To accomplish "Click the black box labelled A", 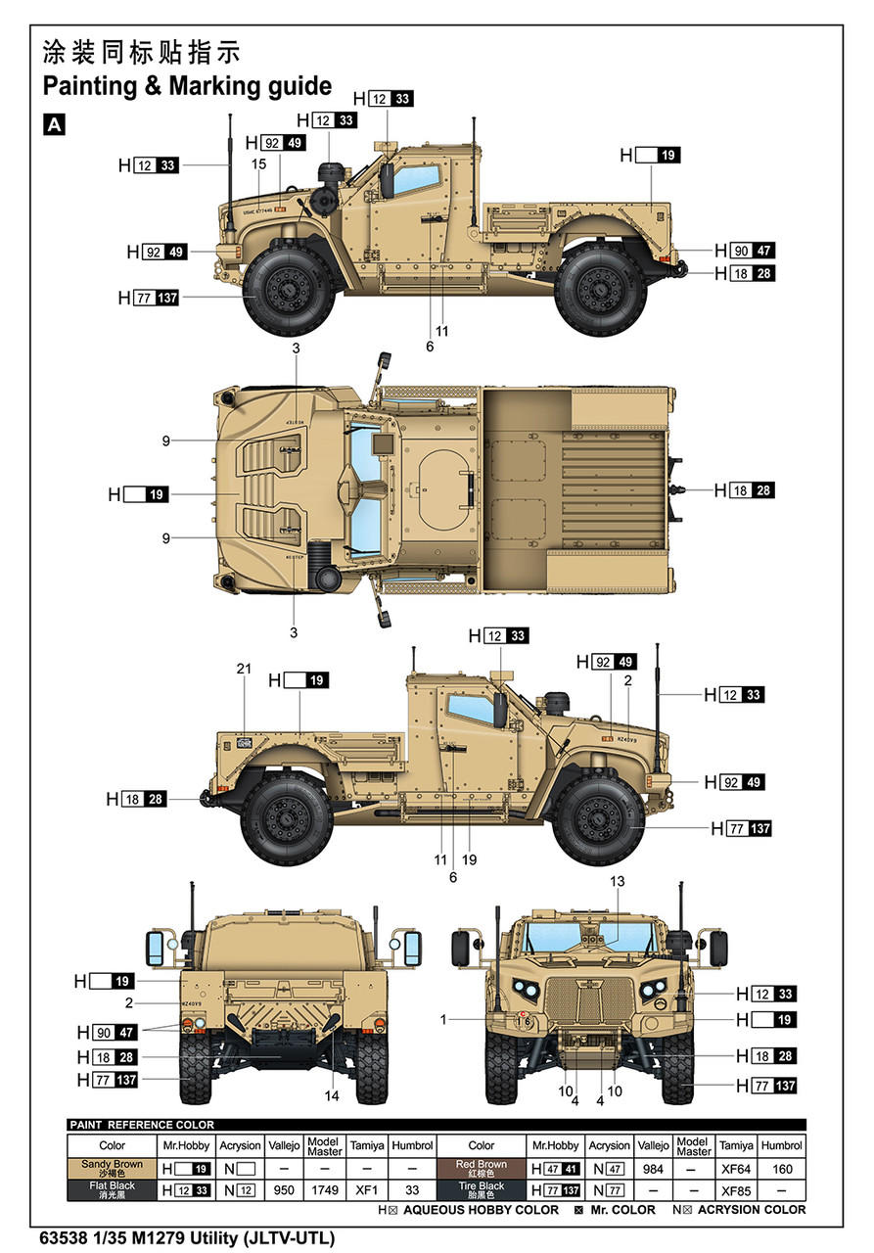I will (54, 124).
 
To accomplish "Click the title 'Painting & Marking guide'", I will (187, 86).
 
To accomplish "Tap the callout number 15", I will (258, 164).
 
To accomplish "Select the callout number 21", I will (244, 669).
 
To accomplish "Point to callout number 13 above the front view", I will (617, 881).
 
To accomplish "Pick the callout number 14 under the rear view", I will (332, 1095).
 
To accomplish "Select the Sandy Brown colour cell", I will (112, 1168).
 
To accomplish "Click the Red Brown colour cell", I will (481, 1168).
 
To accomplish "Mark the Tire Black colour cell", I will (481, 1190).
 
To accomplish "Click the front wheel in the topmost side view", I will (288, 288).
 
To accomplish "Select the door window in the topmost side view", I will (417, 181).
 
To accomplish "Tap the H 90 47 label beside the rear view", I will (115, 1032).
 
